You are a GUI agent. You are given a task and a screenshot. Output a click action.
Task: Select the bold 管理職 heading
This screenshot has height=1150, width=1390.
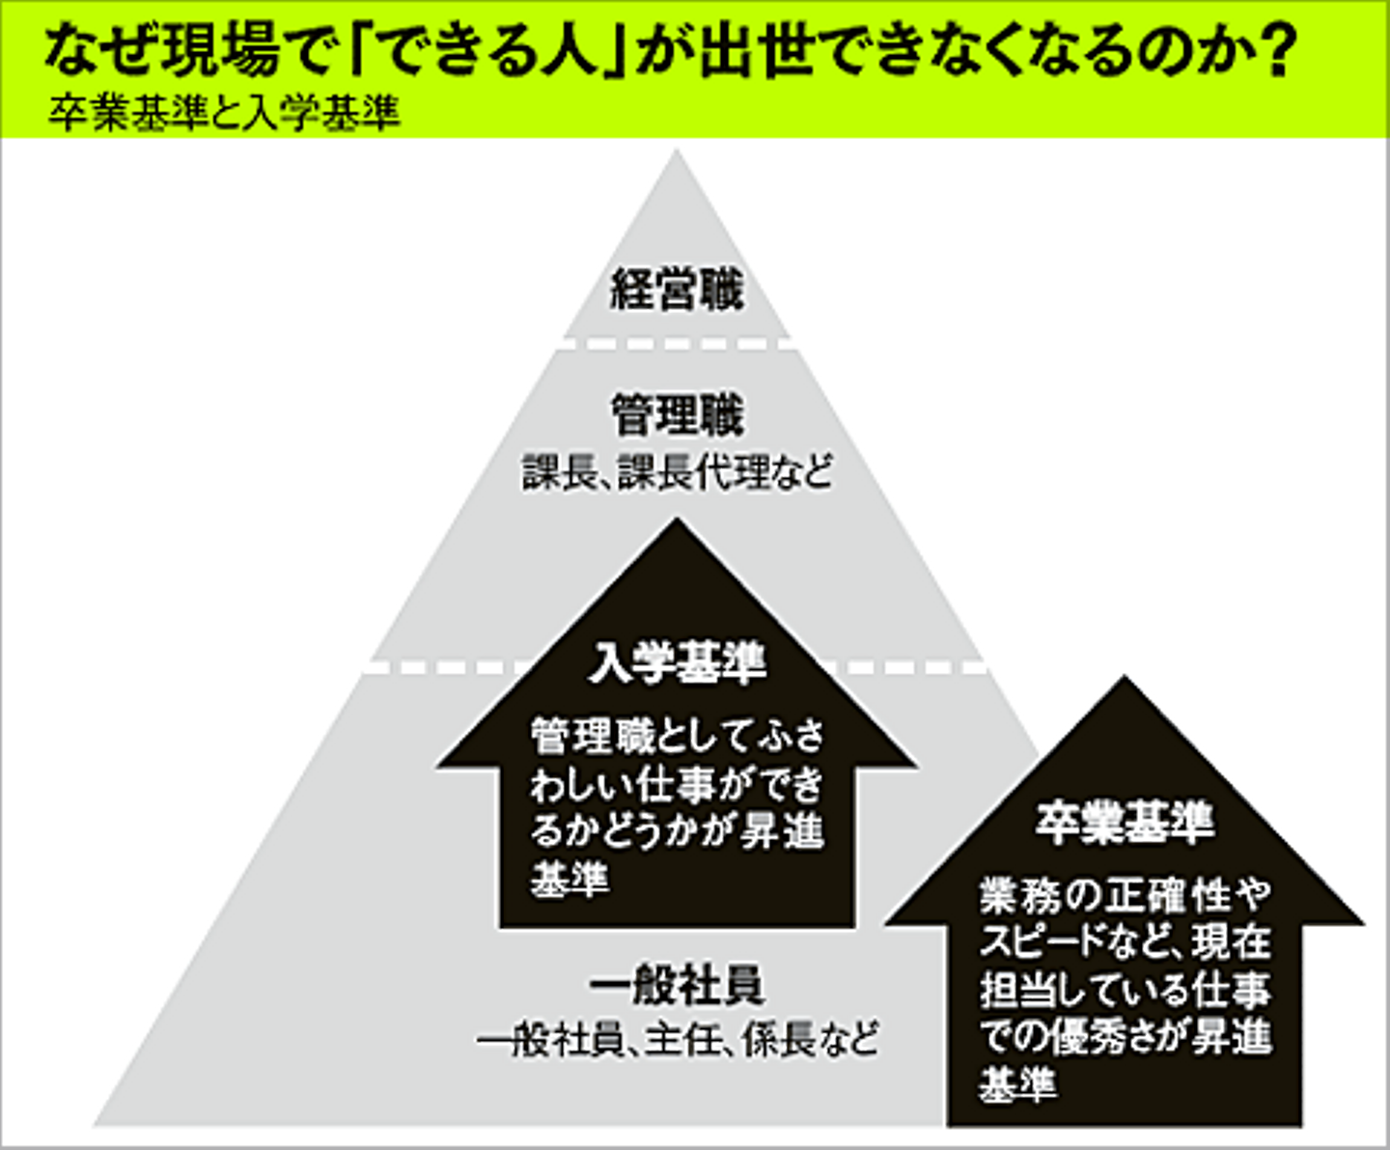pos(677,416)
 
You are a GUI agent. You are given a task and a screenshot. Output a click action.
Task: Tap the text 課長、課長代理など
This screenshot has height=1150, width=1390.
pos(677,473)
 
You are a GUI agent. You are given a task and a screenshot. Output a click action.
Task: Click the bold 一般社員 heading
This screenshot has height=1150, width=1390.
pos(677,986)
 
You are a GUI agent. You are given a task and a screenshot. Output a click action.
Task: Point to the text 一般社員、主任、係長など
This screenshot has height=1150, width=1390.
pos(677,1041)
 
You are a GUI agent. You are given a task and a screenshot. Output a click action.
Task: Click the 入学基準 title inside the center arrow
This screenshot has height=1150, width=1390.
pos(677,663)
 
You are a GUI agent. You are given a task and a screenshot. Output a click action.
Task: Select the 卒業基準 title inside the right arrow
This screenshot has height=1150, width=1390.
pos(1125,823)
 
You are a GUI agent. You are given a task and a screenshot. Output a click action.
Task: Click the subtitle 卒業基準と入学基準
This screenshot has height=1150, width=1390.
pos(224,115)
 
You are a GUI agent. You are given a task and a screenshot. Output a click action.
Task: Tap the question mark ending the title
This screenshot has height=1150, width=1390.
pos(1277,53)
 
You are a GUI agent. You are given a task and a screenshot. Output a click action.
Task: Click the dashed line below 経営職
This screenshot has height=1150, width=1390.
pos(677,343)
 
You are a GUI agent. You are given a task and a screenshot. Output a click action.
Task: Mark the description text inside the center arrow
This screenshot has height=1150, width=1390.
pos(677,807)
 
